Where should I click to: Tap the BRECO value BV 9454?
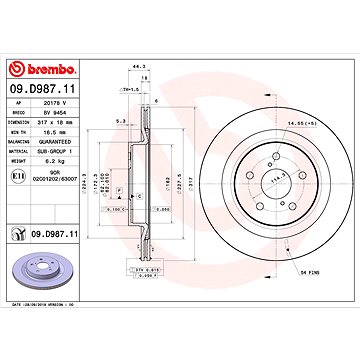(57, 122)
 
